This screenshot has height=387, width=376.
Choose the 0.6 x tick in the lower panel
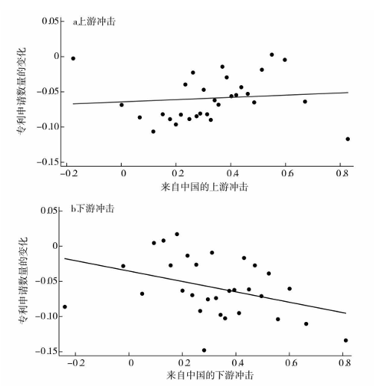click(289, 362)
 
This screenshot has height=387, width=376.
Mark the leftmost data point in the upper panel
click(73, 58)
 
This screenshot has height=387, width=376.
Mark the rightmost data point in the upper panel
click(348, 139)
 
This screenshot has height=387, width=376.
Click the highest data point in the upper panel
click(272, 55)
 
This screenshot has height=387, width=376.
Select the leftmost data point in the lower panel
click(65, 306)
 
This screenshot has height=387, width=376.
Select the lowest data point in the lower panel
click(204, 350)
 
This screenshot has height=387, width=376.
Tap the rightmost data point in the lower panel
click(345, 340)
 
